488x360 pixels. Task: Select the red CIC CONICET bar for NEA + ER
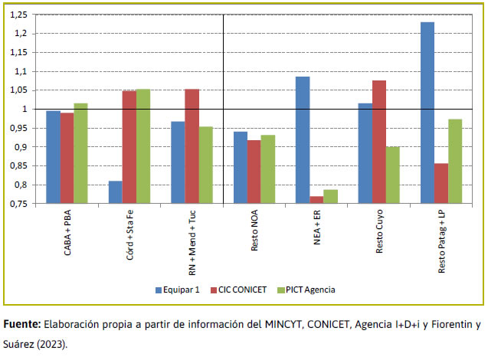[316, 200]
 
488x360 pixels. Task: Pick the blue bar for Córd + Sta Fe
[115, 192]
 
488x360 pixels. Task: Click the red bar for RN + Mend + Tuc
[192, 146]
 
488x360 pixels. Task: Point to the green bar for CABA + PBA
[80, 153]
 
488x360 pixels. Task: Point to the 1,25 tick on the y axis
[27, 15]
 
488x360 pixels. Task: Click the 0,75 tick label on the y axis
[27, 204]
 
